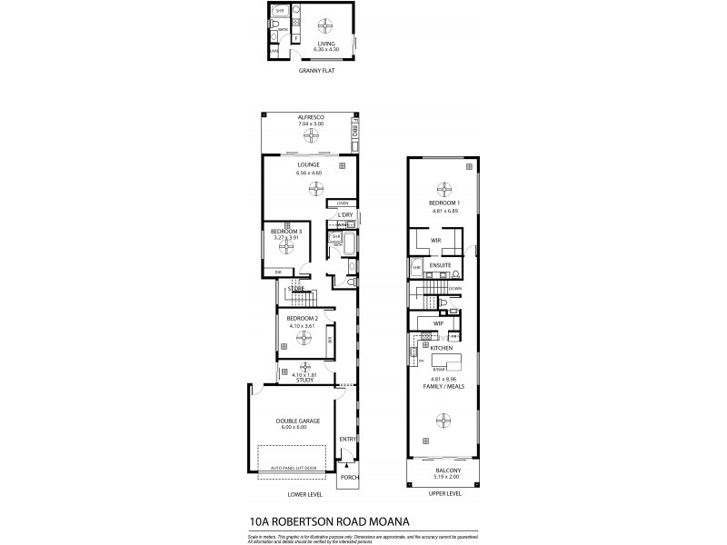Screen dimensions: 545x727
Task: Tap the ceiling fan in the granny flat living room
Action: click(x=325, y=23)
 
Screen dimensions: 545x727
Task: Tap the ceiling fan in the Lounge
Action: click(x=314, y=188)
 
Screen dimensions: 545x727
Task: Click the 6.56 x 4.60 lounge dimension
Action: click(x=309, y=173)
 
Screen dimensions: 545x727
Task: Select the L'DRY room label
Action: click(x=344, y=214)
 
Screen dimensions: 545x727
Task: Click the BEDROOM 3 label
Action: click(x=287, y=231)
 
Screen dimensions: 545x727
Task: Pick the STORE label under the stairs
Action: click(x=295, y=289)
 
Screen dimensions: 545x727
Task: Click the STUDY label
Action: click(x=304, y=380)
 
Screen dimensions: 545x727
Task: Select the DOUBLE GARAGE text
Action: click(x=297, y=421)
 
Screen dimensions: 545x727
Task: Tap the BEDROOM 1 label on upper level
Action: click(x=444, y=203)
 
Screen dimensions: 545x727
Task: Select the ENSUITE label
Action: click(x=443, y=265)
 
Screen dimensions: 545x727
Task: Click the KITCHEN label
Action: click(x=442, y=348)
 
